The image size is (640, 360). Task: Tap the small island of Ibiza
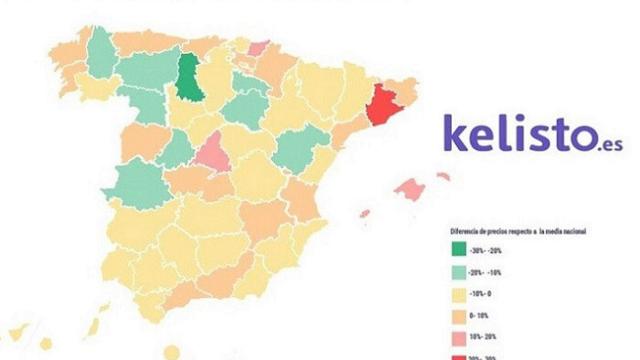coord(366,213)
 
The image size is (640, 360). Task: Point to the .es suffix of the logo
coord(599,144)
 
